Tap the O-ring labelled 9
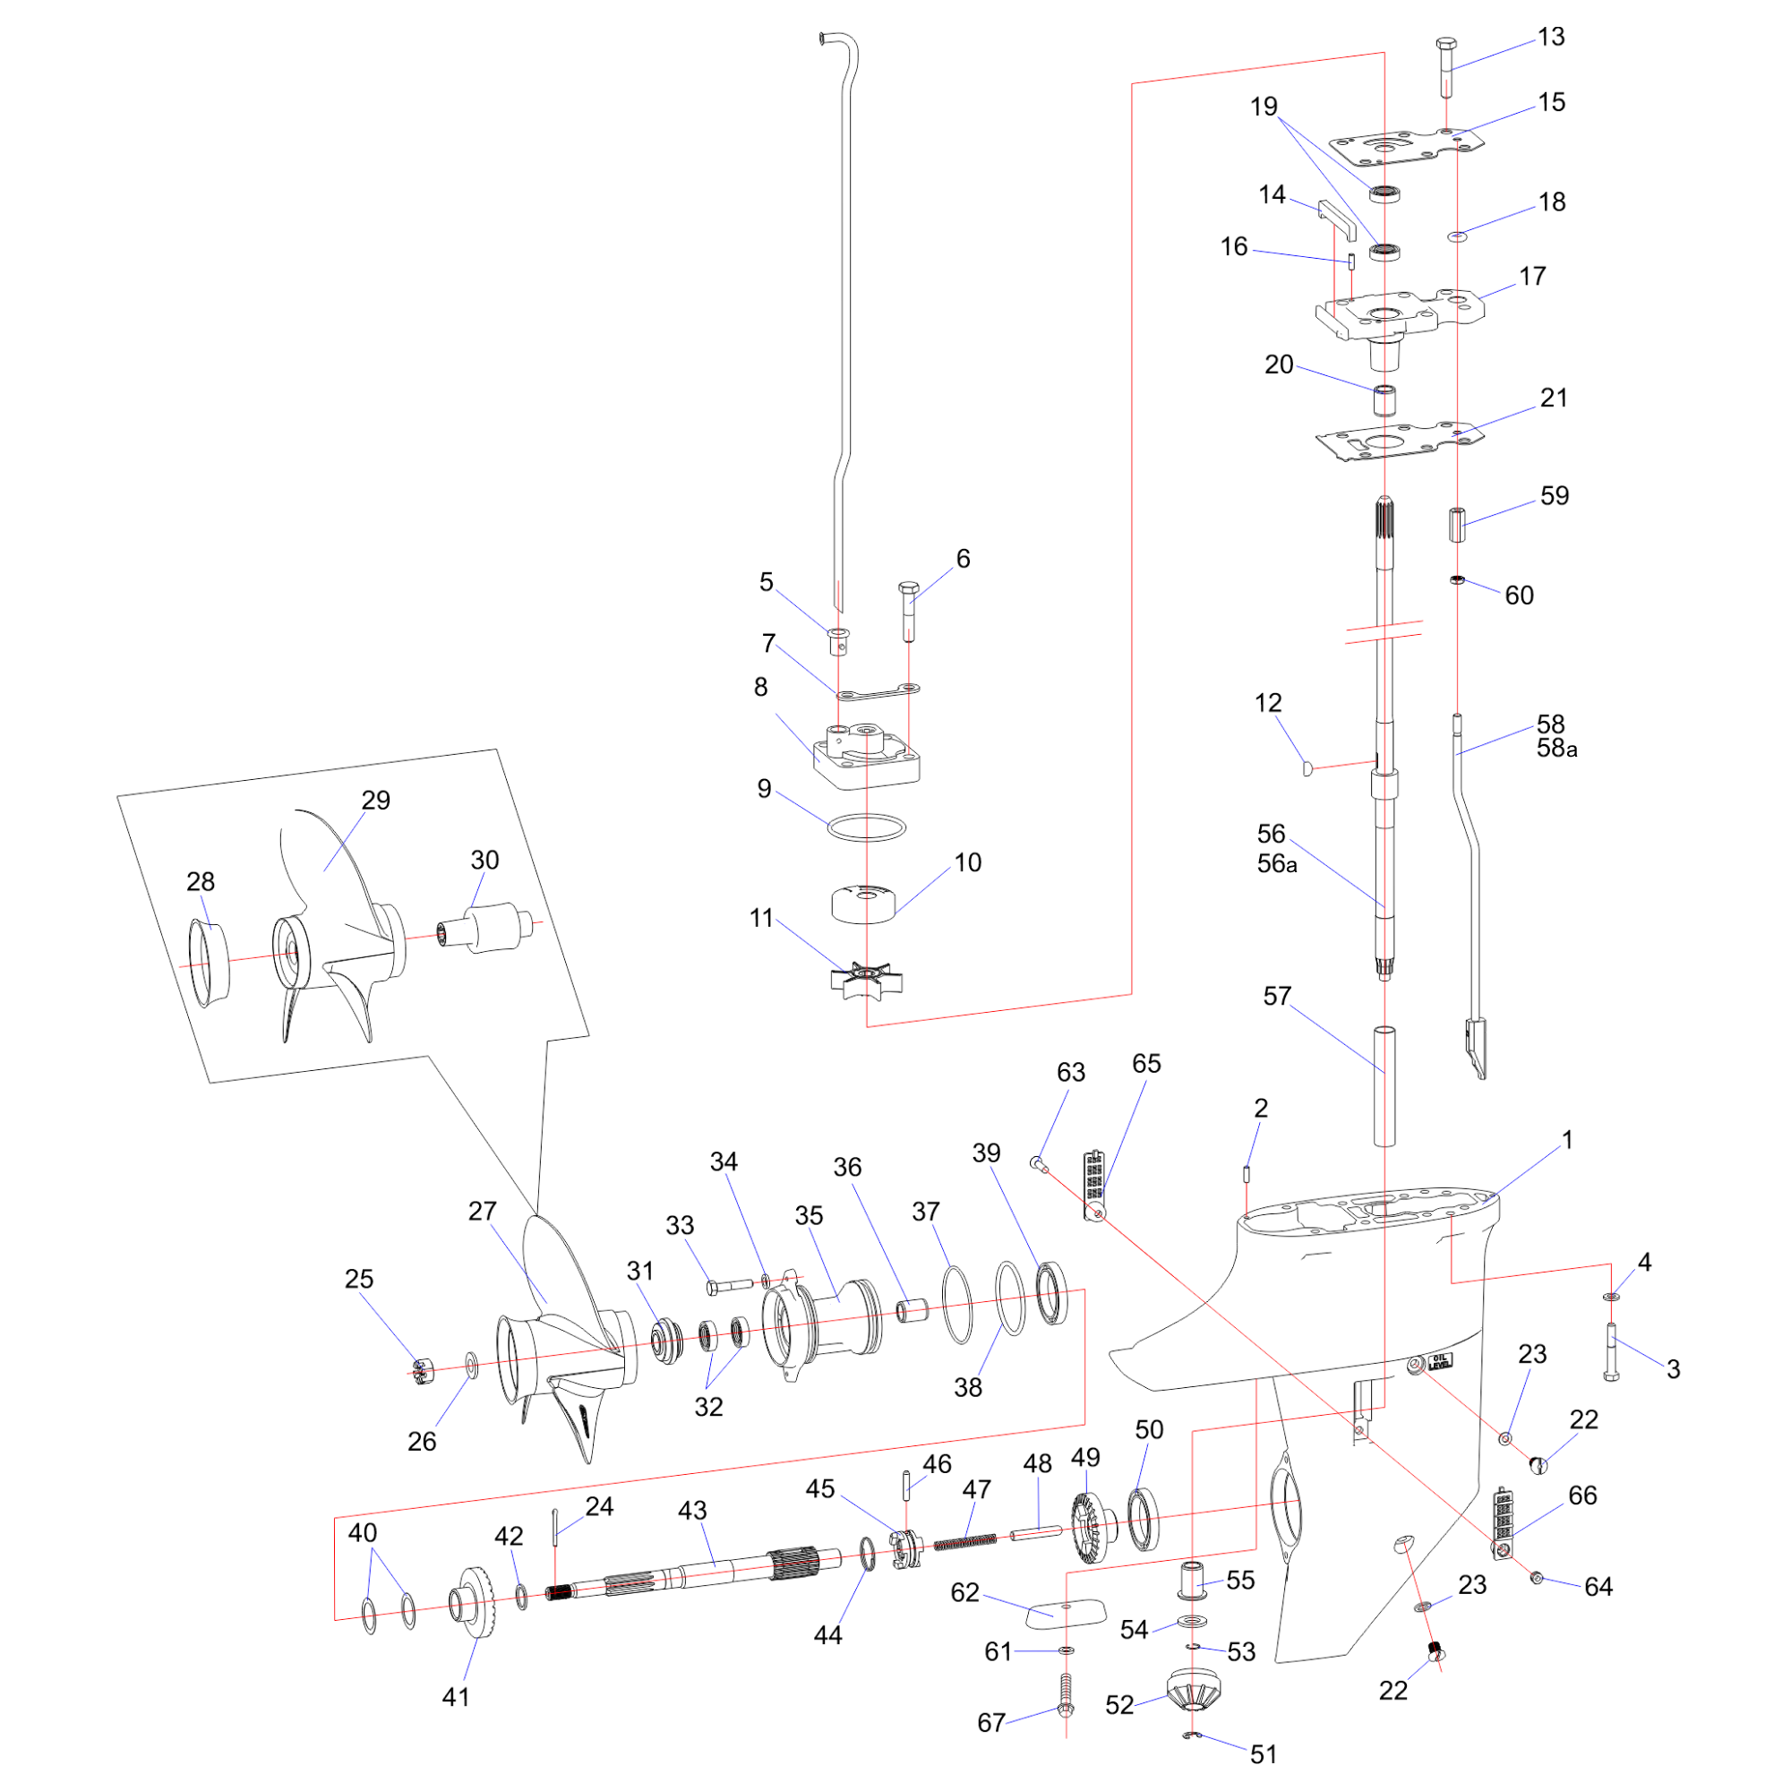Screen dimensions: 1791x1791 tap(866, 827)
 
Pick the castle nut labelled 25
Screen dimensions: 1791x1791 tap(424, 1368)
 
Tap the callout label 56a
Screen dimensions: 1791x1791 tap(1276, 864)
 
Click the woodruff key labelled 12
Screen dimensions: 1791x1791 tap(1307, 767)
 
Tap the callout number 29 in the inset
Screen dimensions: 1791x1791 tap(375, 800)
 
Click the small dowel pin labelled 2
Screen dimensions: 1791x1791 tap(1247, 1175)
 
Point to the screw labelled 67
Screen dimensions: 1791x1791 tap(1065, 1707)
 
